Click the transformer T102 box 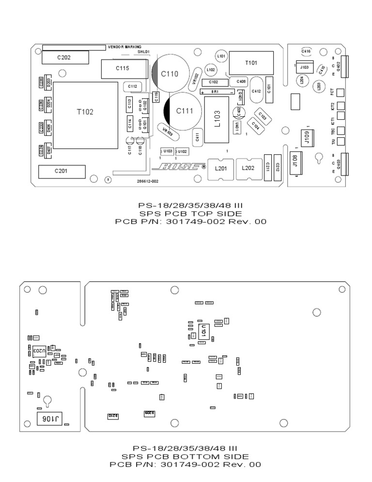click(85, 115)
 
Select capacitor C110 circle click(170, 74)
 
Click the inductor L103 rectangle click(217, 120)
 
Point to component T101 click(251, 63)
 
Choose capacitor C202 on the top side click(65, 58)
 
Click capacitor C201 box click(62, 172)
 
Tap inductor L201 click(220, 168)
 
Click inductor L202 click(248, 168)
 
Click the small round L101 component click(221, 57)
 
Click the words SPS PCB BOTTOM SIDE click(186, 456)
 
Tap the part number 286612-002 click(148, 181)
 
